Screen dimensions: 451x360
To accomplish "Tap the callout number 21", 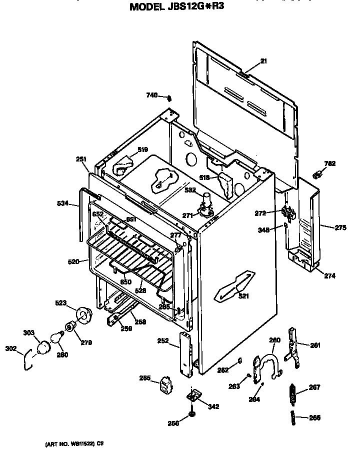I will pyautogui.click(x=263, y=61).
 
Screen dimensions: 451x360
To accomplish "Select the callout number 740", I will pyautogui.click(x=152, y=95).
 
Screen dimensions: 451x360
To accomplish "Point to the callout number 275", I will pyautogui.click(x=340, y=227).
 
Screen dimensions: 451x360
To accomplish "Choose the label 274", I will pyautogui.click(x=329, y=275).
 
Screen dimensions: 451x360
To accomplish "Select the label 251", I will pyautogui.click(x=81, y=159).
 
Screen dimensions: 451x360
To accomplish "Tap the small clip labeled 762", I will pyautogui.click(x=316, y=173).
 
